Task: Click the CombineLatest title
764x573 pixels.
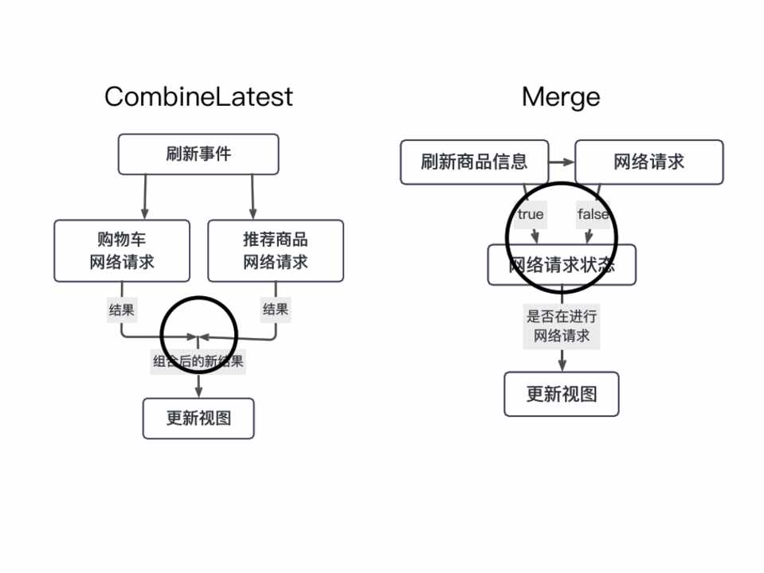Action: coord(198,97)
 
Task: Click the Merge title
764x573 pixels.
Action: coord(561,97)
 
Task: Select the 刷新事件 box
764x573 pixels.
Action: coord(198,154)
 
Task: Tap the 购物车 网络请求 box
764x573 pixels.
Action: coord(122,251)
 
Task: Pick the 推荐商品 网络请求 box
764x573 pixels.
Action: coord(276,251)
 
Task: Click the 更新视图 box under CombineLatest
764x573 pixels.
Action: coord(198,419)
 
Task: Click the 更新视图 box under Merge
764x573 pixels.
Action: coord(562,394)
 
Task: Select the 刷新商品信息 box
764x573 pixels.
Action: coord(474,162)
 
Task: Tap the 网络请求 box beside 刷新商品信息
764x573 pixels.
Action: coord(648,162)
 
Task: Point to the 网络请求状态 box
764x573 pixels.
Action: coord(562,265)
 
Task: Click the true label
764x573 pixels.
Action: coord(531,214)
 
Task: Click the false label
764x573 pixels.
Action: coord(592,214)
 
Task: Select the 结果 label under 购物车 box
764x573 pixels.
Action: coord(121,310)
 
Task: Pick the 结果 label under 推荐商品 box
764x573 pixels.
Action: coord(276,310)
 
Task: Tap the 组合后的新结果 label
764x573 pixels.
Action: coord(198,362)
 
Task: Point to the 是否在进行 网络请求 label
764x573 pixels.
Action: coord(562,326)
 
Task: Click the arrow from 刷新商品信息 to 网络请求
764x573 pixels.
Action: coord(562,162)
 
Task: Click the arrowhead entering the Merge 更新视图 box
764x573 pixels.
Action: coord(562,365)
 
